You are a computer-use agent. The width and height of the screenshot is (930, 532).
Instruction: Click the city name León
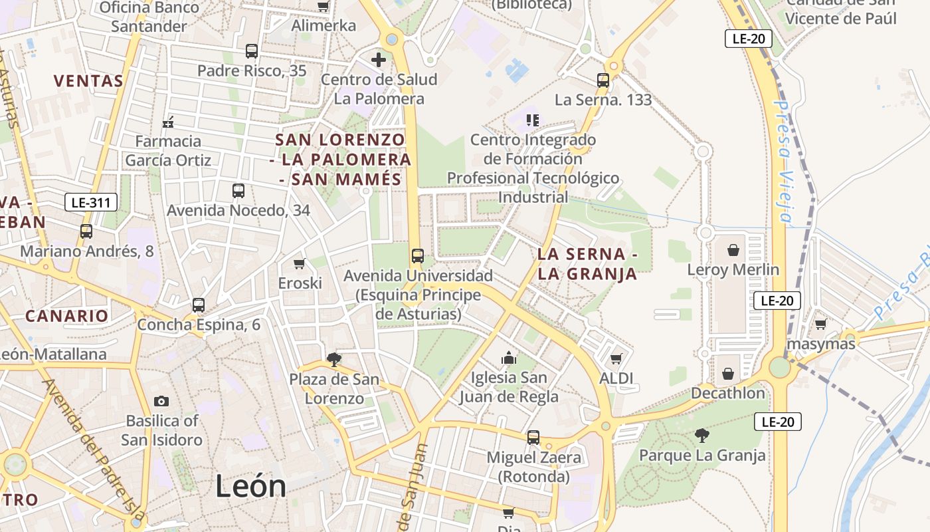pos(250,487)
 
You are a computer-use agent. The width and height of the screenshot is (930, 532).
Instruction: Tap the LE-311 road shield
pos(92,202)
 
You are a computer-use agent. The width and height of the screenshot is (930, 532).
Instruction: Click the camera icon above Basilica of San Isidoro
pos(161,401)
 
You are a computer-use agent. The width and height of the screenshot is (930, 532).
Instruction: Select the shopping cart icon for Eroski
pos(300,263)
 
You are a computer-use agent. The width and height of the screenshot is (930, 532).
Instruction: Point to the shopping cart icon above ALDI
pos(616,358)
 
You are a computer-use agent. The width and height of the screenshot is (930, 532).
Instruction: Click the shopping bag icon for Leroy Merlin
pos(733,250)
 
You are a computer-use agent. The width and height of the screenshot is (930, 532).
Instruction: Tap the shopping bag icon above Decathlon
pos(728,374)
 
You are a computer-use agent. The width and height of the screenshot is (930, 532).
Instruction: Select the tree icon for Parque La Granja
pos(701,436)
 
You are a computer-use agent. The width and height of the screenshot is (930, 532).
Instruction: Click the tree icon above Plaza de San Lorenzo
pos(334,360)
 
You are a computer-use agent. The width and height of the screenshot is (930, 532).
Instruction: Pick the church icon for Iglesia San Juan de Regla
pos(509,358)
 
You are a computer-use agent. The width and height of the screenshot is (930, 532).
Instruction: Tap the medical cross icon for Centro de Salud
pos(379,60)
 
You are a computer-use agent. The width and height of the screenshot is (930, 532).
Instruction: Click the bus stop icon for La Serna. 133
pos(603,80)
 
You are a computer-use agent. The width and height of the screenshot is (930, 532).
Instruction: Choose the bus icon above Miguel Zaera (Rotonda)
pos(533,438)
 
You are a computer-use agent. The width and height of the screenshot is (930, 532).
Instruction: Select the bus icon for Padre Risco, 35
pos(252,51)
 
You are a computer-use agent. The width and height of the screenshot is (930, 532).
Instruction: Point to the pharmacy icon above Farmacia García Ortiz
pos(168,122)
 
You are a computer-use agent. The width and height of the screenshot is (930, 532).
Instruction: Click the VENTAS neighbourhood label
pos(88,81)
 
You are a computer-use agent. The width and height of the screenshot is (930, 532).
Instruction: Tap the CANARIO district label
pos(66,316)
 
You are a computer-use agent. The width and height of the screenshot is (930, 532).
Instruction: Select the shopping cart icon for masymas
pos(820,324)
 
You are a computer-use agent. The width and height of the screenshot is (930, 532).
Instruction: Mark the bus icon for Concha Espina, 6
pos(199,305)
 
